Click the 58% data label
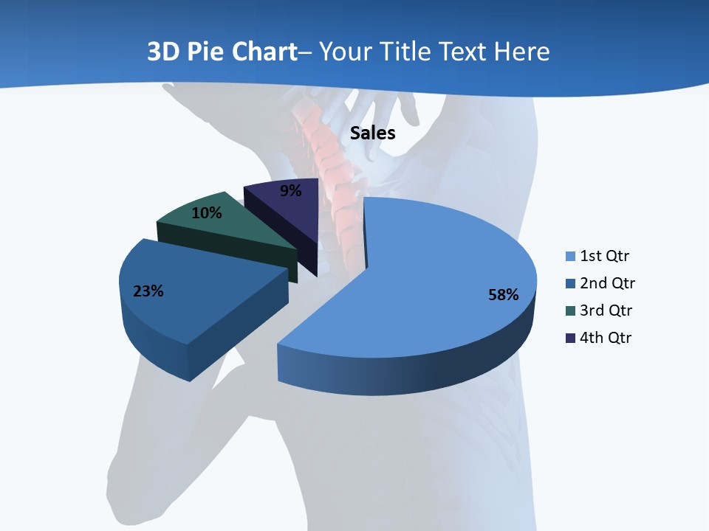pyautogui.click(x=503, y=295)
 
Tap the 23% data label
pyautogui.click(x=148, y=291)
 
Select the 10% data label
pyautogui.click(x=206, y=213)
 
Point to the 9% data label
pyautogui.click(x=290, y=191)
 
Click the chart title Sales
pyautogui.click(x=372, y=133)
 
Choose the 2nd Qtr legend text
pyautogui.click(x=607, y=283)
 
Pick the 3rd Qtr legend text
pyautogui.click(x=606, y=310)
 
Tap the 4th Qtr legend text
pyautogui.click(x=606, y=338)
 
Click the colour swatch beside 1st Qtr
pyautogui.click(x=570, y=257)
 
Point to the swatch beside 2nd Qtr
pyautogui.click(x=570, y=284)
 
